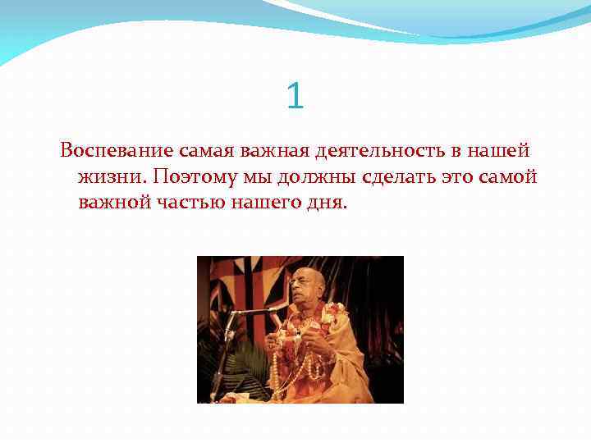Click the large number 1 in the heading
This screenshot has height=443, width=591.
295,96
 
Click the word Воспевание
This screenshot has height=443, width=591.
116,152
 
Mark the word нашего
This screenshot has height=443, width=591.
264,203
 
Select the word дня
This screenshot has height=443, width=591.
327,203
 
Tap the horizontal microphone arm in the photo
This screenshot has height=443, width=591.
250,311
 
